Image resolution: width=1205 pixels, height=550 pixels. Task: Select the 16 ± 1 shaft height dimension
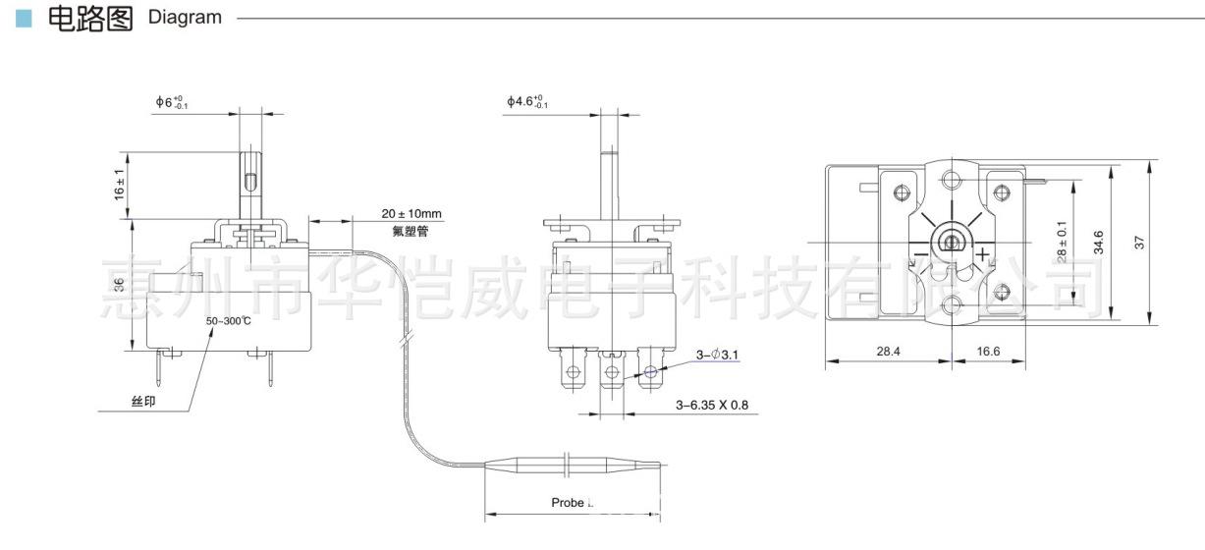120,186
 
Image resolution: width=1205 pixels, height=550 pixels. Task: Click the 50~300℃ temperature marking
229,321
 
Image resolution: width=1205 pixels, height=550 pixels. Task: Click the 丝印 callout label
142,403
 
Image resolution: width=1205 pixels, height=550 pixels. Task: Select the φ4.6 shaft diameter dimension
527,102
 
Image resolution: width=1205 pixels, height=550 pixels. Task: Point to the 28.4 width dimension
888,350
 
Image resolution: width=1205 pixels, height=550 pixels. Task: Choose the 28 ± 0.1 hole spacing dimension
1062,242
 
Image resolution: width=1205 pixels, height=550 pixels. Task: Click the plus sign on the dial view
982,258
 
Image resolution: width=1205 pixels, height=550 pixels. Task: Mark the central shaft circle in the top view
951,241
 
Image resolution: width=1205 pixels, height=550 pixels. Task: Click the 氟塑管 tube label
410,232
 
